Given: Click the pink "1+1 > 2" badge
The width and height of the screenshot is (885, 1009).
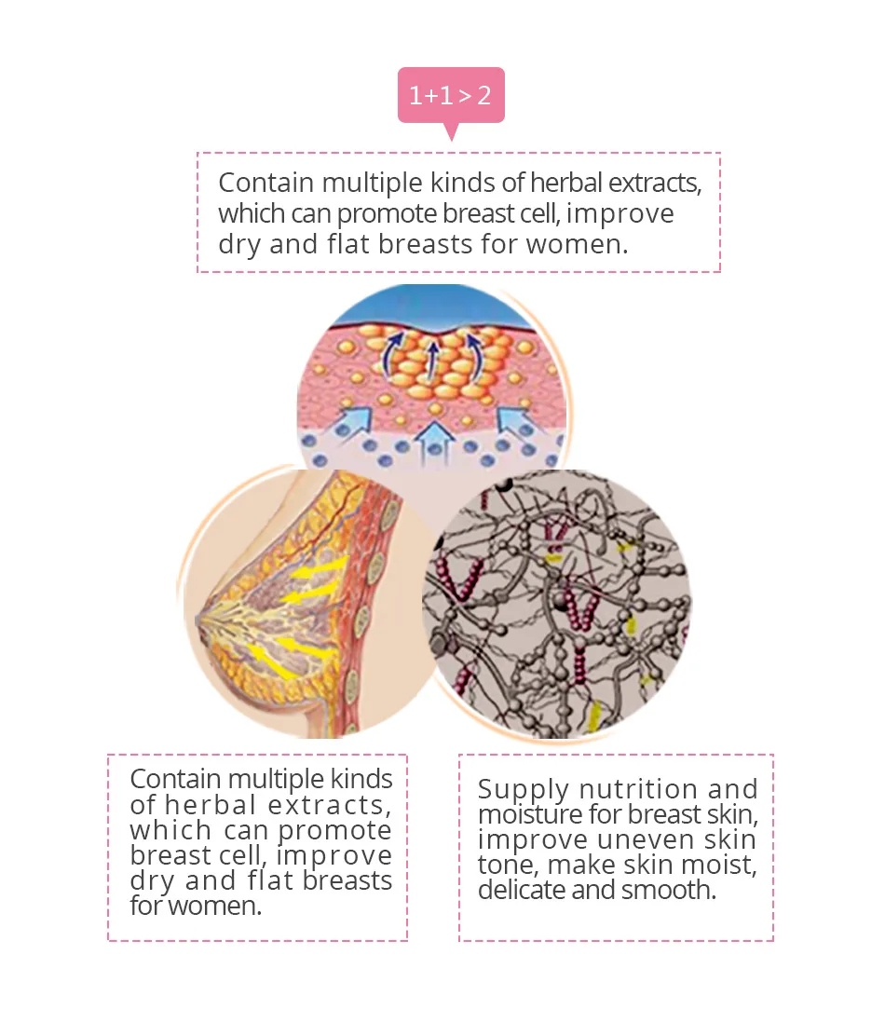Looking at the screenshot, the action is (x=451, y=94).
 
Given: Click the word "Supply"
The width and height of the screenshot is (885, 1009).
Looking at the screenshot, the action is (x=523, y=789).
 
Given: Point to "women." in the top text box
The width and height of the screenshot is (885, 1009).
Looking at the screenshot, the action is (x=578, y=244).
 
